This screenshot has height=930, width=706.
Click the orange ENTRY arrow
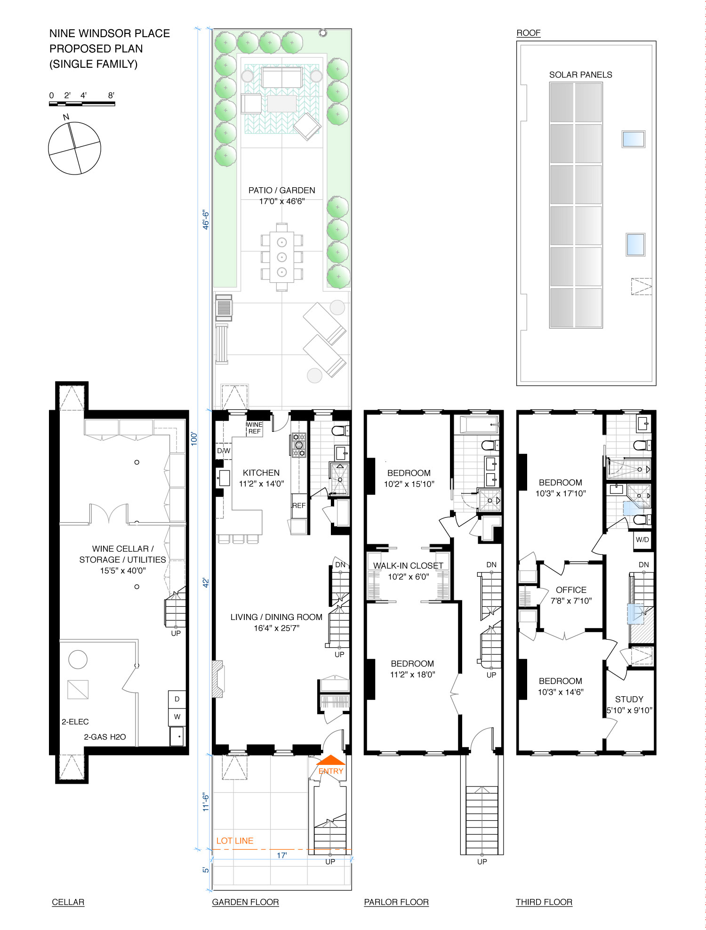coord(331,760)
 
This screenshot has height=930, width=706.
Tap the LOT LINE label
coord(235,841)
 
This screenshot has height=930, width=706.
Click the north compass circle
coord(74,148)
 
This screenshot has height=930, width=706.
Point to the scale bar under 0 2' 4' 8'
coord(82,103)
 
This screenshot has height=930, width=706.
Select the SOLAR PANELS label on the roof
coord(580,75)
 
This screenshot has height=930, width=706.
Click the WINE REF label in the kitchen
coord(254,428)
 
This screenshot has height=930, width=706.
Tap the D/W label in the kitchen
coord(224,451)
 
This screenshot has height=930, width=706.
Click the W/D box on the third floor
coord(642,540)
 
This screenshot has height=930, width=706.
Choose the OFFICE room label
coord(571,590)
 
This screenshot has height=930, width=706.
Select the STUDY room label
coord(629,699)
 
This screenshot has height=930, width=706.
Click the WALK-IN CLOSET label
coord(408,566)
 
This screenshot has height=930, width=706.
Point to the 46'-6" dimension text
coord(206,220)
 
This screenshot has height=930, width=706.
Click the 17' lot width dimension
coord(281,855)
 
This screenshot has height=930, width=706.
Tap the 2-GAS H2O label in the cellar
coord(105,737)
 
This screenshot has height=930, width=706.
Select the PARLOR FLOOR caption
coord(396,902)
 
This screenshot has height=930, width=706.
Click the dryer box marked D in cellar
coord(177,699)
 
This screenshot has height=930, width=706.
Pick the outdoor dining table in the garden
coord(282,257)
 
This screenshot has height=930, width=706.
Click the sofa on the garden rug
coord(282,77)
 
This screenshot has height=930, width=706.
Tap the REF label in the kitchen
coord(299,506)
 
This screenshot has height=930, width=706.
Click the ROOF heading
coord(529,33)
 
